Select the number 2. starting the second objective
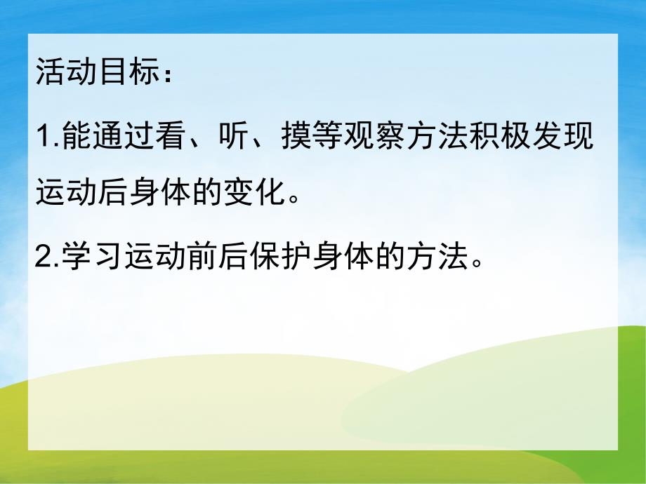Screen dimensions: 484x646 (46, 258)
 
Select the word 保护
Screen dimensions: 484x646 (268, 258)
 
